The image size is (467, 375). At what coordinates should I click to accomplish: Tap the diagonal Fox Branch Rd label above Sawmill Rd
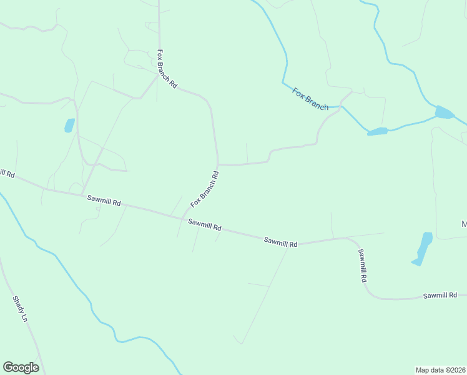click(205, 189)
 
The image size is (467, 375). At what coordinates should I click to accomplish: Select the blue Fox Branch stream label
click(310, 99)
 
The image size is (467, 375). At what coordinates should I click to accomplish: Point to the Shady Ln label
click(21, 310)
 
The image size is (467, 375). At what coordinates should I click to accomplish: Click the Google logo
click(21, 367)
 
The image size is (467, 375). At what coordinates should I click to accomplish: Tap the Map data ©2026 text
click(440, 369)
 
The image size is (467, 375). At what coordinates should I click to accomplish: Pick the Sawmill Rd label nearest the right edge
click(440, 295)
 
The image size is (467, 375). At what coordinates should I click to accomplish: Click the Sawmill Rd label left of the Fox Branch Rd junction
click(104, 200)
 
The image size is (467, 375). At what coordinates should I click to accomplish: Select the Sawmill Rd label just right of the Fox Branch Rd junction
click(205, 225)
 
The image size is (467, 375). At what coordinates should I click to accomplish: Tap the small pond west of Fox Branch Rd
click(69, 125)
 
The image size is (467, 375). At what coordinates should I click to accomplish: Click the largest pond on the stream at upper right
click(445, 112)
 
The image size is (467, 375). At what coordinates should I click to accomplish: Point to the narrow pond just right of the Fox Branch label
click(377, 131)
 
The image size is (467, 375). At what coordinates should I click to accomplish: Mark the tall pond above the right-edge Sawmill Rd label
click(423, 248)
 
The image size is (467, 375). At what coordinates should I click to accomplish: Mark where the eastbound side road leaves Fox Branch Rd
click(218, 164)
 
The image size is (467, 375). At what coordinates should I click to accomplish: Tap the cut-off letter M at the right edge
click(464, 224)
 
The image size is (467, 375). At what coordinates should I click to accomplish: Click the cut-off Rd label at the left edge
click(7, 173)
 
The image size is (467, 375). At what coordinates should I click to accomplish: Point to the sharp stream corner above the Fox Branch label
click(283, 82)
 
